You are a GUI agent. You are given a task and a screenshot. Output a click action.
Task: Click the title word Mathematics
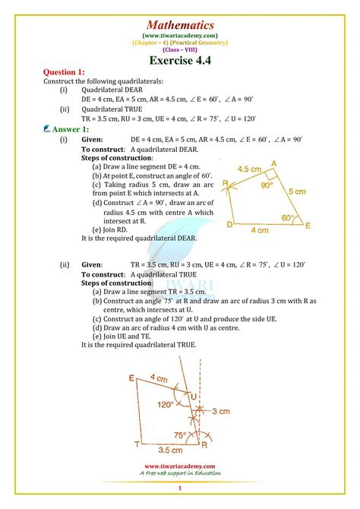179,25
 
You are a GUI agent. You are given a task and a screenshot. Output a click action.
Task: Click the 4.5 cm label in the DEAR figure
251,169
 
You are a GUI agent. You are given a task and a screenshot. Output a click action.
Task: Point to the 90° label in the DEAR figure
265,185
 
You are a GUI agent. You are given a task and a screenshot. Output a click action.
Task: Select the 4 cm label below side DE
259,230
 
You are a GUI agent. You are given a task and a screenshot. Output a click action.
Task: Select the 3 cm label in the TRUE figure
220,411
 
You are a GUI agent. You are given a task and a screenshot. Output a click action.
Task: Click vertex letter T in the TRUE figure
137,444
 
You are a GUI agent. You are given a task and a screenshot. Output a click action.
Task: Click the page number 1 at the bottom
179,487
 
